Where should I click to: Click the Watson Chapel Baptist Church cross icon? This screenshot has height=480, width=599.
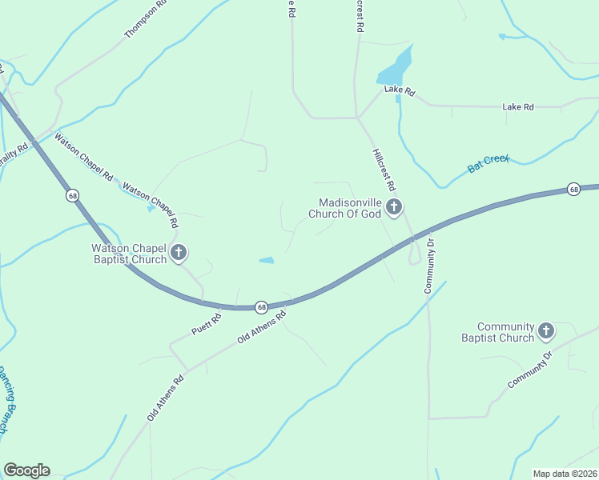point(178,254)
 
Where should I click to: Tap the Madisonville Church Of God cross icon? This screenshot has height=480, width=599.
point(393,208)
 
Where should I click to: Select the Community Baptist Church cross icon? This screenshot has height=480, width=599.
point(546,331)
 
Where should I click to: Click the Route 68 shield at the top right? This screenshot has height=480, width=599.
point(573,190)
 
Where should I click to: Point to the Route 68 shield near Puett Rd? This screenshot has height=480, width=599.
point(261,306)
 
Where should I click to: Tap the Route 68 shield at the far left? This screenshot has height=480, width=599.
point(73,195)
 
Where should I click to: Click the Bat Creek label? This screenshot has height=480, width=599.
point(488,164)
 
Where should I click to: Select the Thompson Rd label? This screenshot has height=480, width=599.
point(146,19)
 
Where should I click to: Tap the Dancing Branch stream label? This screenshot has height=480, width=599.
point(7,399)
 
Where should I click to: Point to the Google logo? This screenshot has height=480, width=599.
point(26,470)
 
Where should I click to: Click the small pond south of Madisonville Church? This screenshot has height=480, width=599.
point(266,260)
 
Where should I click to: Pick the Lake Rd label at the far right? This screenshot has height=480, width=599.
point(517,106)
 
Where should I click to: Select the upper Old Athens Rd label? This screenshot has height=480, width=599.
point(262,329)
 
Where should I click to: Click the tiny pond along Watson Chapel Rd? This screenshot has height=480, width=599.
point(151,209)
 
